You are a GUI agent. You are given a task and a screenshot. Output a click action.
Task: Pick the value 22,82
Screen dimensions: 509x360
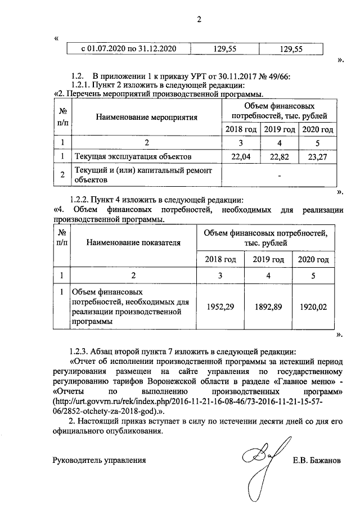[279, 156]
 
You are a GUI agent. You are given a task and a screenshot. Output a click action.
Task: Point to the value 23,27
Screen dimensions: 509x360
[318, 156]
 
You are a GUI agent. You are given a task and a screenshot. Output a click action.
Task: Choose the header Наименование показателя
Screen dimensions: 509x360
[133, 243]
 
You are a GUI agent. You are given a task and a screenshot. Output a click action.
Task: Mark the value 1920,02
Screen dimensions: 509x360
[313, 307]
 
